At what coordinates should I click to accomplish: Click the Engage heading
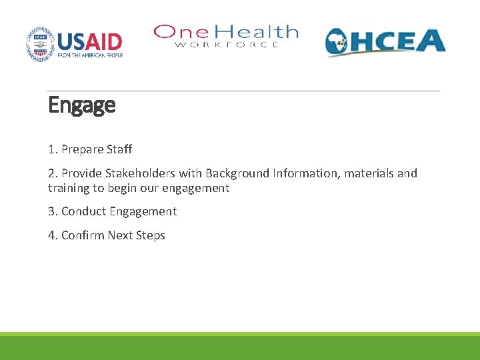click(x=81, y=105)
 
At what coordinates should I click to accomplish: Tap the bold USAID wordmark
click(x=89, y=41)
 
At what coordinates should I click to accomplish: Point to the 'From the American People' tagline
click(x=89, y=55)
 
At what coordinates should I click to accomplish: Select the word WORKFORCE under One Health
click(x=227, y=45)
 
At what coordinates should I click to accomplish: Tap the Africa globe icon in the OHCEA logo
click(x=339, y=43)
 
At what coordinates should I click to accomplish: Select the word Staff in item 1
click(x=119, y=149)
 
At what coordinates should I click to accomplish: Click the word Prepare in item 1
click(x=82, y=149)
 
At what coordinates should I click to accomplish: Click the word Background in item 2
click(x=237, y=173)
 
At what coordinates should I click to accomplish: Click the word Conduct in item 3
click(x=83, y=211)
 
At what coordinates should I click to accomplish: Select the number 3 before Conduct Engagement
click(x=51, y=211)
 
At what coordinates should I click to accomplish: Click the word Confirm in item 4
click(x=83, y=235)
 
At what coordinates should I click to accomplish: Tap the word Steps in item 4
click(x=150, y=235)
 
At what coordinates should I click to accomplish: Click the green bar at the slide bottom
click(x=240, y=347)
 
